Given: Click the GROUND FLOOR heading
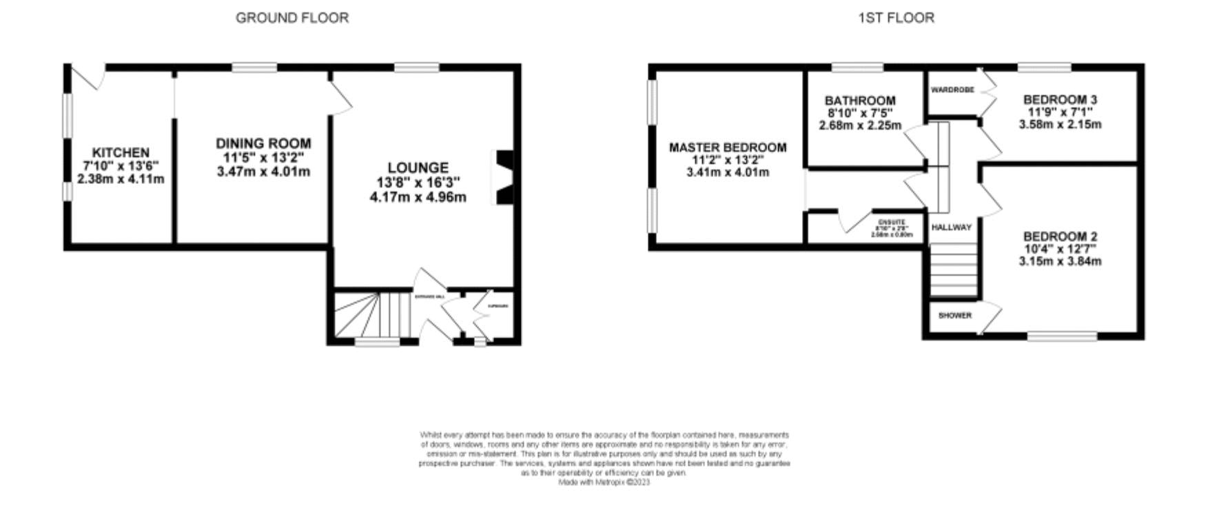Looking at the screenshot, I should point(292,18).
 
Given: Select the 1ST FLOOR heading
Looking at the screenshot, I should point(896,18).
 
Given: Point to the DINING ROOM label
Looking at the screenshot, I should point(263,143).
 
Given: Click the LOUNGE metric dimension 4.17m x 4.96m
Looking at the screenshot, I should point(418,197).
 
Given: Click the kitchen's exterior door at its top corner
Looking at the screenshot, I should point(90,77).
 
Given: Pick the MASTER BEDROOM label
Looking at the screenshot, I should point(728,148).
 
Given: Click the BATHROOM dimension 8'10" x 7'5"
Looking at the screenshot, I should point(860,113).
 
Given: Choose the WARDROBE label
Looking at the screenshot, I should point(952,90).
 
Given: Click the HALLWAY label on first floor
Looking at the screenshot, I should point(952,227).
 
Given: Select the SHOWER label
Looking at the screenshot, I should point(955,316).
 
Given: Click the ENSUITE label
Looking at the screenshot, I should point(892,222).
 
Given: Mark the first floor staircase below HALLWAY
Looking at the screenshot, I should point(954,270).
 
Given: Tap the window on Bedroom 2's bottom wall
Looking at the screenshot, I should point(1062,336).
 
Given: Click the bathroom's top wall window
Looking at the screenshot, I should point(857,68).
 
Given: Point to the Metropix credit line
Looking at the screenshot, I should point(604,483).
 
